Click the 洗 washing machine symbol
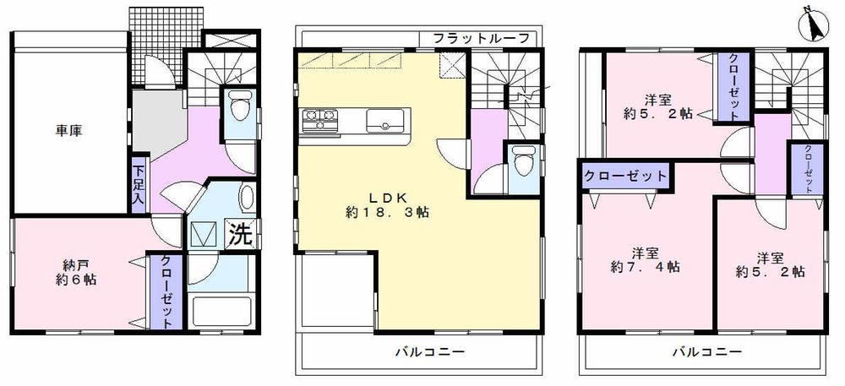click(241, 234)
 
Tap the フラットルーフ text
click(481, 38)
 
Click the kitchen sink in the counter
click(388, 120)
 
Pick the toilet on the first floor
click(237, 108)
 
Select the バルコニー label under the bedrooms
click(707, 351)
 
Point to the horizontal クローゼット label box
click(624, 177)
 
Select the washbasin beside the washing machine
click(244, 198)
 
